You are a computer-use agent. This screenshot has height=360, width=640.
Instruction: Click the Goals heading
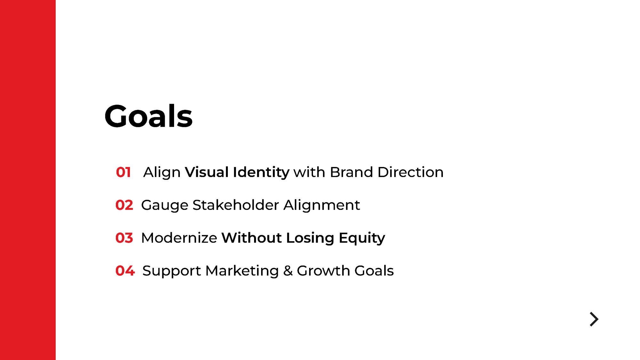pyautogui.click(x=148, y=116)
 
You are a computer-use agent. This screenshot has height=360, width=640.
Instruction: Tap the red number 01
pyautogui.click(x=124, y=172)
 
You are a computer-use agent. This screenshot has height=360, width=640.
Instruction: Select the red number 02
pyautogui.click(x=124, y=205)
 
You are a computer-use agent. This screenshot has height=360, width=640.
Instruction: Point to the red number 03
pyautogui.click(x=124, y=238)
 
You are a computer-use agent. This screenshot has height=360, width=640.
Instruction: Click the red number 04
pyautogui.click(x=125, y=271)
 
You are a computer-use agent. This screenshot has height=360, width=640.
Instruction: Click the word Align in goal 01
pyautogui.click(x=162, y=173)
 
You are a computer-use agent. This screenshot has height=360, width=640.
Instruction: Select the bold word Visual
pyautogui.click(x=207, y=172)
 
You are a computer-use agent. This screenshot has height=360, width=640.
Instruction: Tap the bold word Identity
pyautogui.click(x=261, y=173)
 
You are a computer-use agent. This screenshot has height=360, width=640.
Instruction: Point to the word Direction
pyautogui.click(x=411, y=172)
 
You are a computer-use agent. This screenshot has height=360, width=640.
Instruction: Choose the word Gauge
pyautogui.click(x=165, y=206)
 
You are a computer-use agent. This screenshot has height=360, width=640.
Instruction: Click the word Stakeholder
pyautogui.click(x=236, y=205)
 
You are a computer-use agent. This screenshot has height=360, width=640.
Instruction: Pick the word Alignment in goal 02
pyautogui.click(x=322, y=206)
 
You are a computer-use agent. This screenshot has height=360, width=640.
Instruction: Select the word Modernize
pyautogui.click(x=179, y=238)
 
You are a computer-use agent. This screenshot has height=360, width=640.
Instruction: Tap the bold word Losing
pyautogui.click(x=310, y=239)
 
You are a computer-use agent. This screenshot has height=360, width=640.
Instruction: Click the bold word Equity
pyautogui.click(x=362, y=239)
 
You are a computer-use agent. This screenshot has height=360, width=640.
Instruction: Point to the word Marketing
pyautogui.click(x=242, y=271)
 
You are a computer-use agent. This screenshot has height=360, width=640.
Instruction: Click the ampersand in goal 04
pyautogui.click(x=288, y=271)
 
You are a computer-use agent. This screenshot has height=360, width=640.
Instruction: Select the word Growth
pyautogui.click(x=324, y=271)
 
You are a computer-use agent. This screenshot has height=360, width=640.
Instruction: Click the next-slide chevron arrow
pyautogui.click(x=595, y=319)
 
